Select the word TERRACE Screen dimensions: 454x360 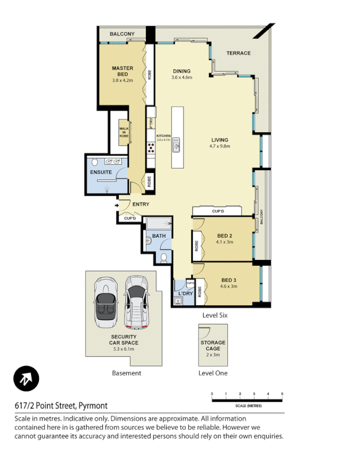tap(238, 53)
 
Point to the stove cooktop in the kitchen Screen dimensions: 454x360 tap(152, 148)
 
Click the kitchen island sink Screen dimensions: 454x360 tap(177, 144)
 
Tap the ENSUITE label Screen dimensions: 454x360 tap(100, 173)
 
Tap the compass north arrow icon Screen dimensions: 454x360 tap(26, 379)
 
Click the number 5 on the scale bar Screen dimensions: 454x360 tap(282, 394)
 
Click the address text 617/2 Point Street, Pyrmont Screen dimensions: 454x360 tap(61, 406)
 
